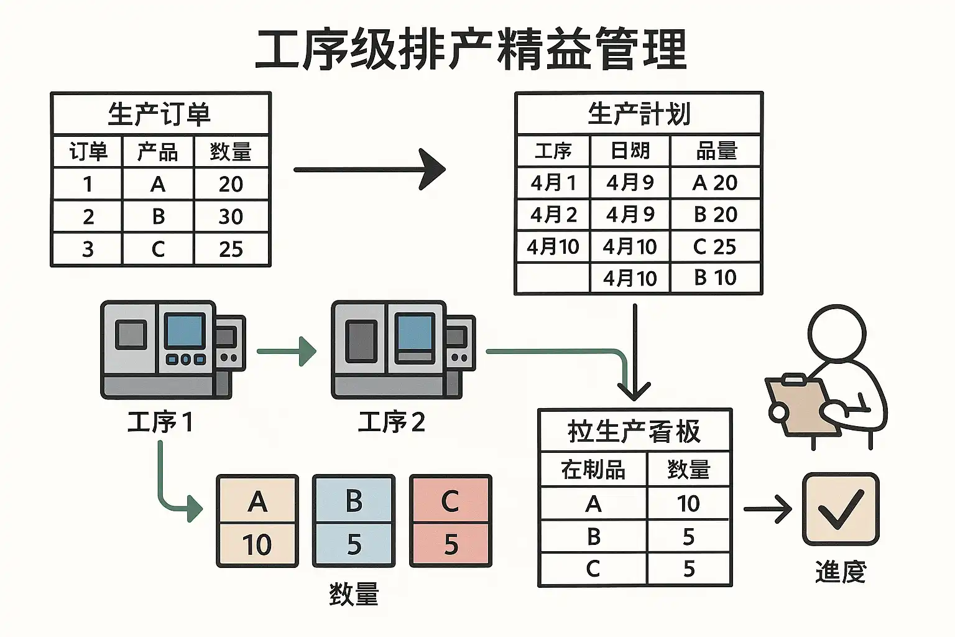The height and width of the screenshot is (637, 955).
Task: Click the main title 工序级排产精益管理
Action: (x=471, y=50)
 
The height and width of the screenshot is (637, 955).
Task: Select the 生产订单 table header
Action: (x=160, y=114)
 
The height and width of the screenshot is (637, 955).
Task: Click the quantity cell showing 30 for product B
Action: (x=231, y=216)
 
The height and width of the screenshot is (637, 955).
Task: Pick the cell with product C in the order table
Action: (x=158, y=249)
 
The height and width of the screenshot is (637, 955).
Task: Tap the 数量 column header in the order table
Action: (x=231, y=151)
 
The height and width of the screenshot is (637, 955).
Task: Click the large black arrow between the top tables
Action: (x=369, y=169)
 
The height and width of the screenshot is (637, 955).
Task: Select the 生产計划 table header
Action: (x=639, y=114)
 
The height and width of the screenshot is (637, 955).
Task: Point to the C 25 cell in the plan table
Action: (x=715, y=246)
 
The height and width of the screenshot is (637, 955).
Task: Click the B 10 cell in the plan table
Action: (x=715, y=277)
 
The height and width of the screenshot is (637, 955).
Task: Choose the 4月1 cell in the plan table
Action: (x=553, y=182)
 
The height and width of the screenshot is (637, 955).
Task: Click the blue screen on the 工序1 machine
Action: (x=184, y=331)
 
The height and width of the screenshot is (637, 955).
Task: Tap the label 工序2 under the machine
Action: (x=392, y=422)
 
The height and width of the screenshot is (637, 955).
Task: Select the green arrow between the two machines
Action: (x=287, y=351)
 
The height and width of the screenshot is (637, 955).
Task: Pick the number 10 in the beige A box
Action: (x=257, y=545)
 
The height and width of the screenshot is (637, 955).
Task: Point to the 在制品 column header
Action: (x=593, y=469)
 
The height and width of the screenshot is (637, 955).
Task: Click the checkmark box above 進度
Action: (x=841, y=508)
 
